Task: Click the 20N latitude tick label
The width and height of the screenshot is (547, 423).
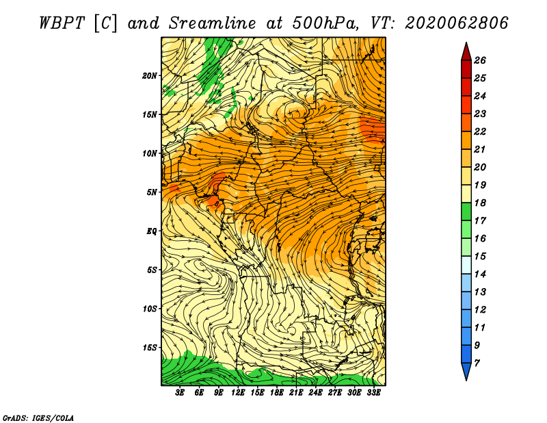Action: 149,76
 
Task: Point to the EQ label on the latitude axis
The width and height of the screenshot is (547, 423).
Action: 151,231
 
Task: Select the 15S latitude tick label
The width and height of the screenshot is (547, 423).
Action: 149,348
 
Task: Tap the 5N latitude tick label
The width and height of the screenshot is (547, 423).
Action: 151,192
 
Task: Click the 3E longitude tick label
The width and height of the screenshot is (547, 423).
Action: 180,393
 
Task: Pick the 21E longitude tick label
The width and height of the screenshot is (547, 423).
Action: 296,393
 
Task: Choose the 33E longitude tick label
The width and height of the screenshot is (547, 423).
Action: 373,393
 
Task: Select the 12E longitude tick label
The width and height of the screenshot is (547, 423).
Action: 237,393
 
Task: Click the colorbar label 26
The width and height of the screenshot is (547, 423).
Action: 480,60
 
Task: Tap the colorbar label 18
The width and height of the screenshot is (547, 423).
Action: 480,203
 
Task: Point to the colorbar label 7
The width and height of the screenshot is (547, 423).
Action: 477,363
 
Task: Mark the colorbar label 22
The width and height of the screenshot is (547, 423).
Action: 480,131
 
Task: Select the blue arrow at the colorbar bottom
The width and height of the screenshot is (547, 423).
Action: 466,371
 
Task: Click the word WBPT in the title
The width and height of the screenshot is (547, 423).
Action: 62,23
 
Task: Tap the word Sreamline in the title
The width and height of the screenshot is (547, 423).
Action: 213,23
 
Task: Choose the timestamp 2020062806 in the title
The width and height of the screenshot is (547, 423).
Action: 457,23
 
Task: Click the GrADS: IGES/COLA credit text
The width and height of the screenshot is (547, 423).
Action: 38,418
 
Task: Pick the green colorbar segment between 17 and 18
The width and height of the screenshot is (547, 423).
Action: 466,211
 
